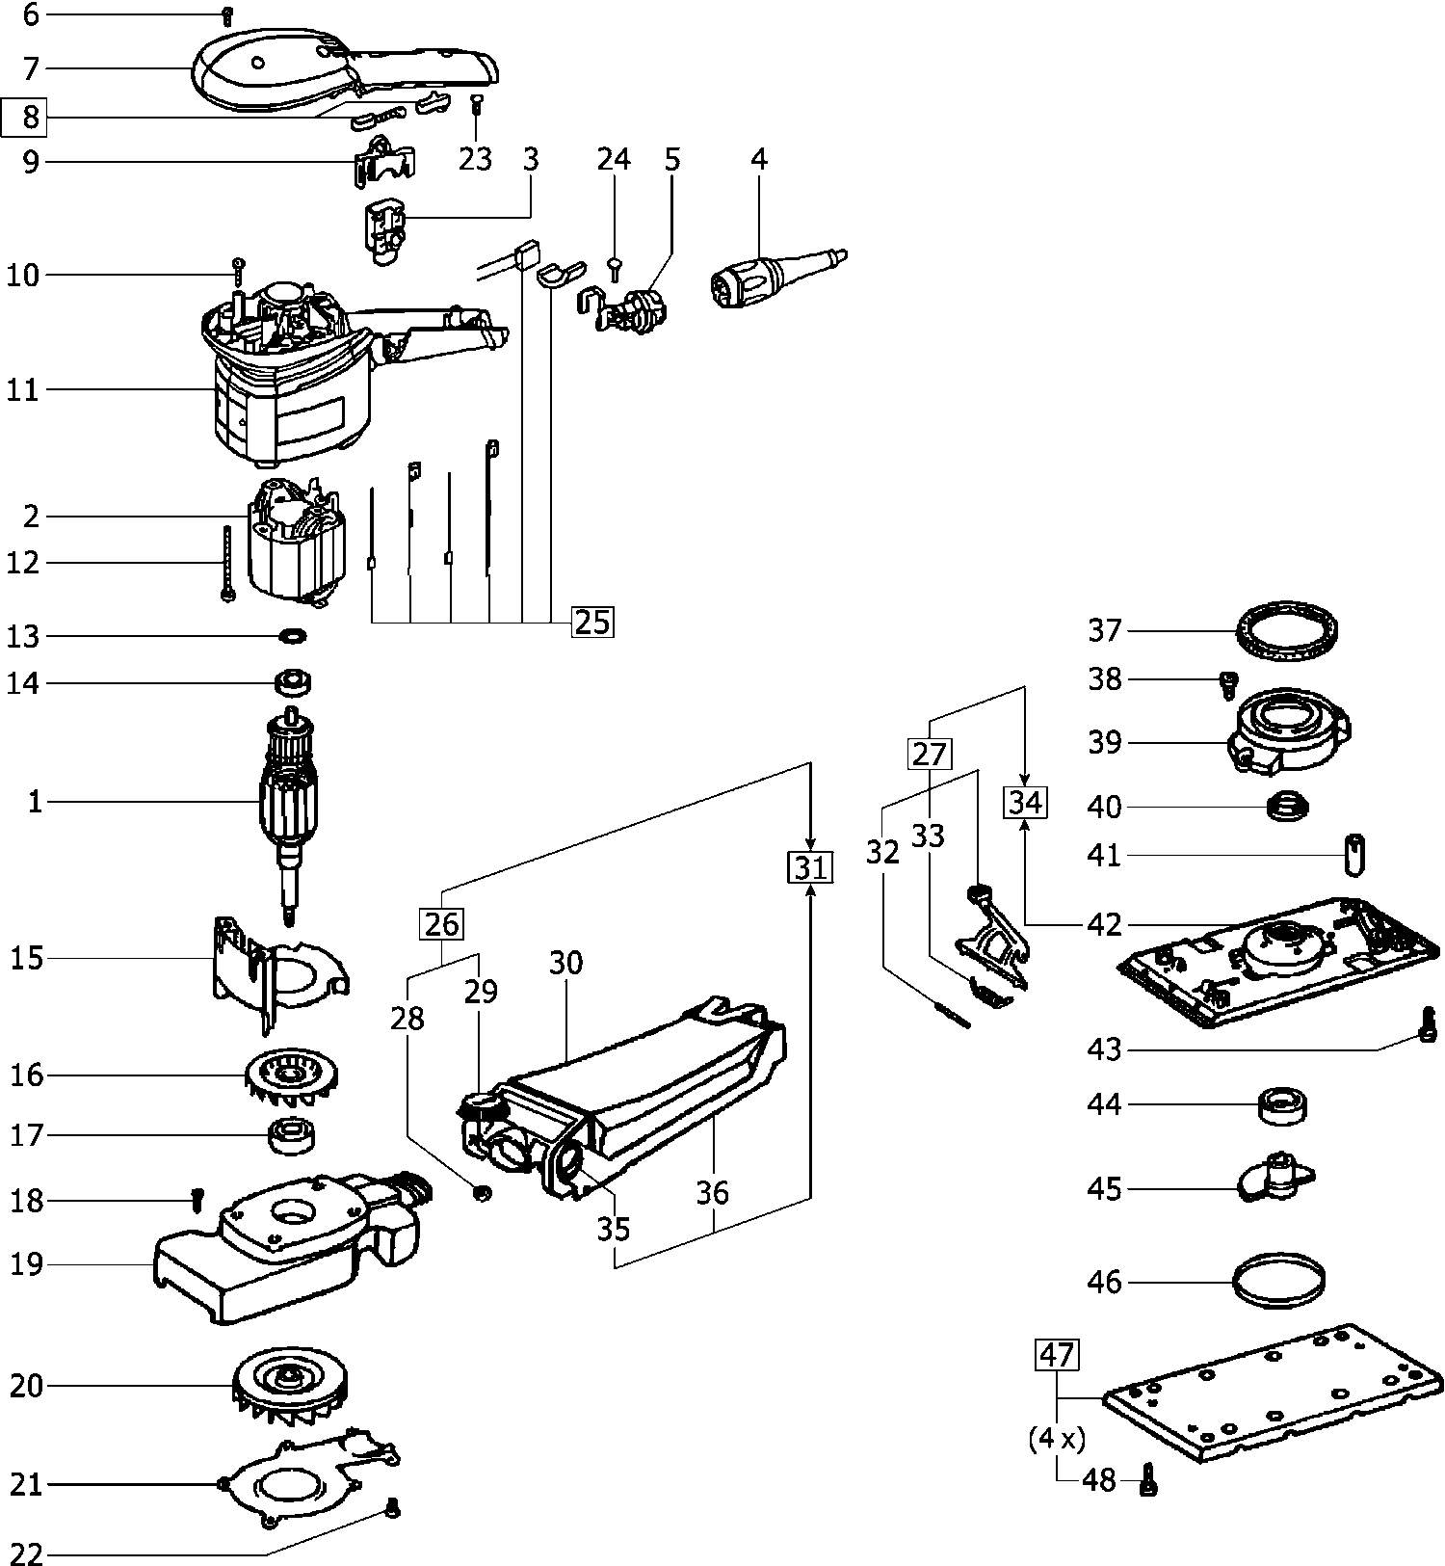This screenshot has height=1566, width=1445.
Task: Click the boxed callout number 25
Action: pos(591,623)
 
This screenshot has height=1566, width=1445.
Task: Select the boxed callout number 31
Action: pos(810,868)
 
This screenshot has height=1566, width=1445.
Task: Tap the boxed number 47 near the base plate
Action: pos(1057,1355)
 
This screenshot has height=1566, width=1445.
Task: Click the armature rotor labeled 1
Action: pos(290,800)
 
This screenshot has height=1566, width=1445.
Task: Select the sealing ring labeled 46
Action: pos(1276,1282)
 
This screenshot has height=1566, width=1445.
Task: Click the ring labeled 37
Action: pos(1288,631)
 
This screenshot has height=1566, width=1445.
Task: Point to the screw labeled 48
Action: pos(1147,1478)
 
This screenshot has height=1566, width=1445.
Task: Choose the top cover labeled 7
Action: pos(318,67)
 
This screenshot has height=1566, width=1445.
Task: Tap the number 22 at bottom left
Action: pos(27,1555)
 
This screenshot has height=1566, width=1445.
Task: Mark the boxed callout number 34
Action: pos(1024,802)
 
